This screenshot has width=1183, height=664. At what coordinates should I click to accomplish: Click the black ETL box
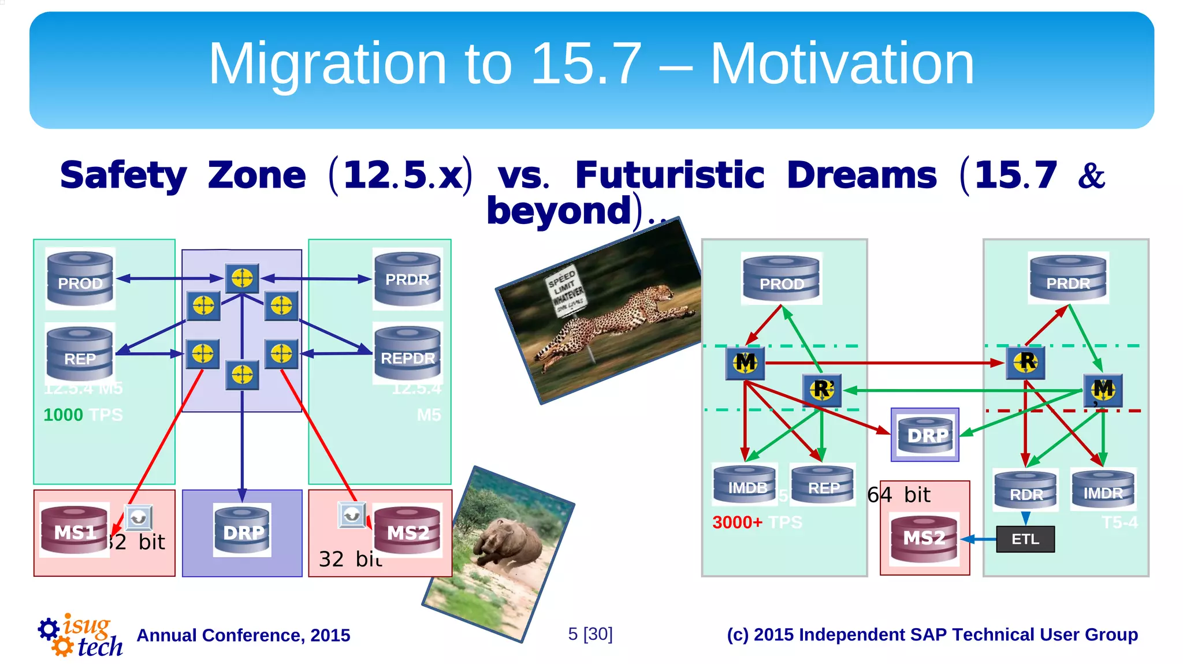coord(1025,539)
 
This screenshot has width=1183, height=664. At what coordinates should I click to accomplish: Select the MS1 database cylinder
coord(75,530)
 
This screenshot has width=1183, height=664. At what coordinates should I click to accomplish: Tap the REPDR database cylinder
coord(407,353)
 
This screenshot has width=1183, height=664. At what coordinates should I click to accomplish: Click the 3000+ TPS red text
coord(737,523)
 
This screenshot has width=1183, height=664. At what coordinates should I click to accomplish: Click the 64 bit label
coord(899,495)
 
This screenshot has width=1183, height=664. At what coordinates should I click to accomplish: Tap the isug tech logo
coord(81,635)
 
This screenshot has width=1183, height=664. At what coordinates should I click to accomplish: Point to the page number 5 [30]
coord(590,634)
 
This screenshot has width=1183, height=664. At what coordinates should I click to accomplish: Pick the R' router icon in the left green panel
coord(821,390)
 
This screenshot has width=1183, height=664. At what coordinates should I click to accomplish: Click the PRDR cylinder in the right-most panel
coord(1067,278)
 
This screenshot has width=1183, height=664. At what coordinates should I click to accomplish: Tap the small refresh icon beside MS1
coord(139,518)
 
